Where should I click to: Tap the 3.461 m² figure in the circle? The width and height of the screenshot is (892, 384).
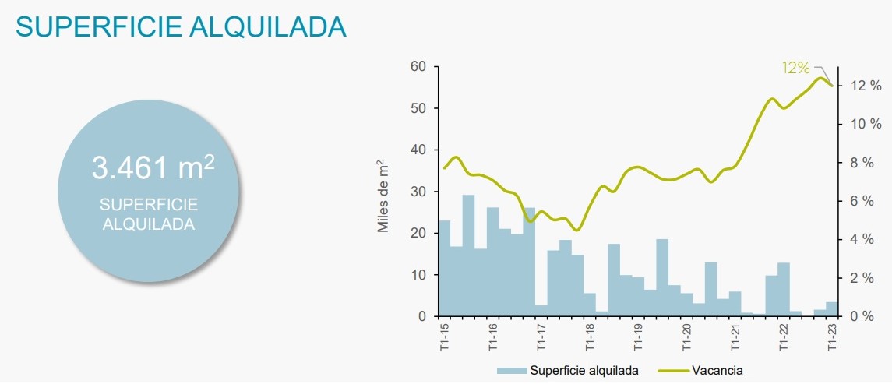pyautogui.click(x=153, y=167)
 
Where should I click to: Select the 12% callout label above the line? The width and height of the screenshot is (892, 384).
pyautogui.click(x=796, y=68)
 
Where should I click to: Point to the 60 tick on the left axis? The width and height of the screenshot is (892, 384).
pyautogui.click(x=418, y=67)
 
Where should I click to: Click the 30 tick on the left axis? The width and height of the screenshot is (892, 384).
pyautogui.click(x=418, y=192)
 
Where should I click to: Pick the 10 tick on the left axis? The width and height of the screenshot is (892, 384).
pyautogui.click(x=418, y=275)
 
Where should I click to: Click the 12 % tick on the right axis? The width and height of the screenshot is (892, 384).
pyautogui.click(x=866, y=86)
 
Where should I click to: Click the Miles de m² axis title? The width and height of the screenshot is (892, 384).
pyautogui.click(x=383, y=196)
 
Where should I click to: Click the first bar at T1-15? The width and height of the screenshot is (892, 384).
pyautogui.click(x=444, y=269)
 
